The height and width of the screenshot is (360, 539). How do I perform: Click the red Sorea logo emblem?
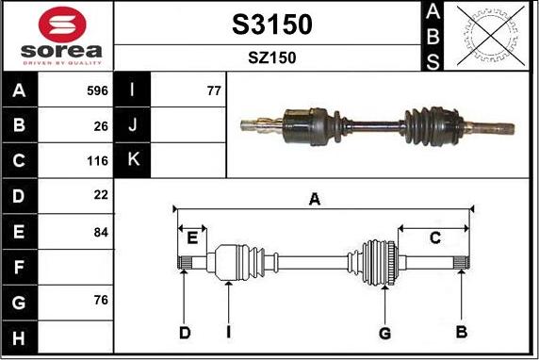coord(62,25)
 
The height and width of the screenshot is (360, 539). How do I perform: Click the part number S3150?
coord(272,25)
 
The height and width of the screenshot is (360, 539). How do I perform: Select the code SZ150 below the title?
coord(272,57)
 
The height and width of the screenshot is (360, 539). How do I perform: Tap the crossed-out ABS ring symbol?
coord(491,36)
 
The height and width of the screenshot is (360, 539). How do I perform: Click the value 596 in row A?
coord(98,90)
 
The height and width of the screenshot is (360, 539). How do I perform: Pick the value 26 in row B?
coord(101,126)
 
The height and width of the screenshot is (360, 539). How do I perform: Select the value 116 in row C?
coord(98,160)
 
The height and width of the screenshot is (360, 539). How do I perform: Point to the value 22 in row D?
coord(101,195)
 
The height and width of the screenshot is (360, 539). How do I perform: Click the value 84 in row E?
coord(101,233)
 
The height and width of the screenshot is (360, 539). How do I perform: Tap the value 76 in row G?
coord(101,300)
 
